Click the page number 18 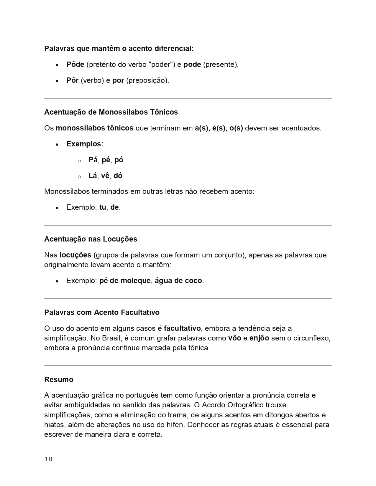point(48,459)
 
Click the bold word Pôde point(75,65)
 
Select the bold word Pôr point(73,80)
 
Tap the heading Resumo point(59,379)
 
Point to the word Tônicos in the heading point(164,112)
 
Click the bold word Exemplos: point(85,144)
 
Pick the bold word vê point(105,176)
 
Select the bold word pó point(119,160)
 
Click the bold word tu point(103,207)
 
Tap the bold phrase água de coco point(178,281)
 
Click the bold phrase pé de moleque point(125,281)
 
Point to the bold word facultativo point(182,328)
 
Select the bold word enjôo point(259,338)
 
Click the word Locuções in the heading point(120,239)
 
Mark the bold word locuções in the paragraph point(75,255)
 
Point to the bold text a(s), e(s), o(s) point(219,128)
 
